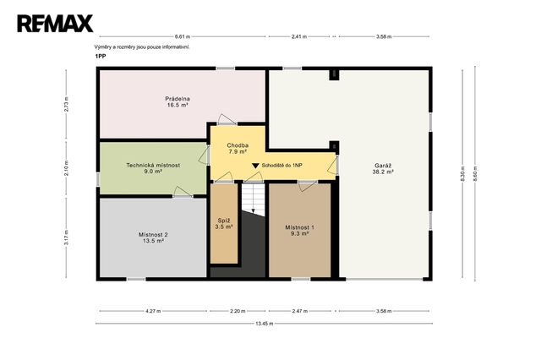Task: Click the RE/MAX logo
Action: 55,24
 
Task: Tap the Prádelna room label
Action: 178,102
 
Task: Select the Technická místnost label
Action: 153,168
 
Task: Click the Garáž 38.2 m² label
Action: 383,169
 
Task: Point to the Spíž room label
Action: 224,224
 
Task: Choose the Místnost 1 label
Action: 299,231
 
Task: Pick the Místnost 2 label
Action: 153,237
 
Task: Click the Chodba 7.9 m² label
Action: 238,149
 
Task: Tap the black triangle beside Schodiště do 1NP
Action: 255,166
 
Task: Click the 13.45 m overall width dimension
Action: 265,324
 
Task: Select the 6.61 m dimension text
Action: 183,36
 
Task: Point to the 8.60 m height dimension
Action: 475,173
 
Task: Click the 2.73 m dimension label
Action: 66,104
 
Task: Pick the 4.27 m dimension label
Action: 153,311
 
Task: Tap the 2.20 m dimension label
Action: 238,311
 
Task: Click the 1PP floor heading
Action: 101,57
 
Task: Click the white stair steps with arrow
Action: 254,199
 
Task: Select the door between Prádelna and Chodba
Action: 227,119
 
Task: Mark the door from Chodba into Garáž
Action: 332,165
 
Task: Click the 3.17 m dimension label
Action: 66,237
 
